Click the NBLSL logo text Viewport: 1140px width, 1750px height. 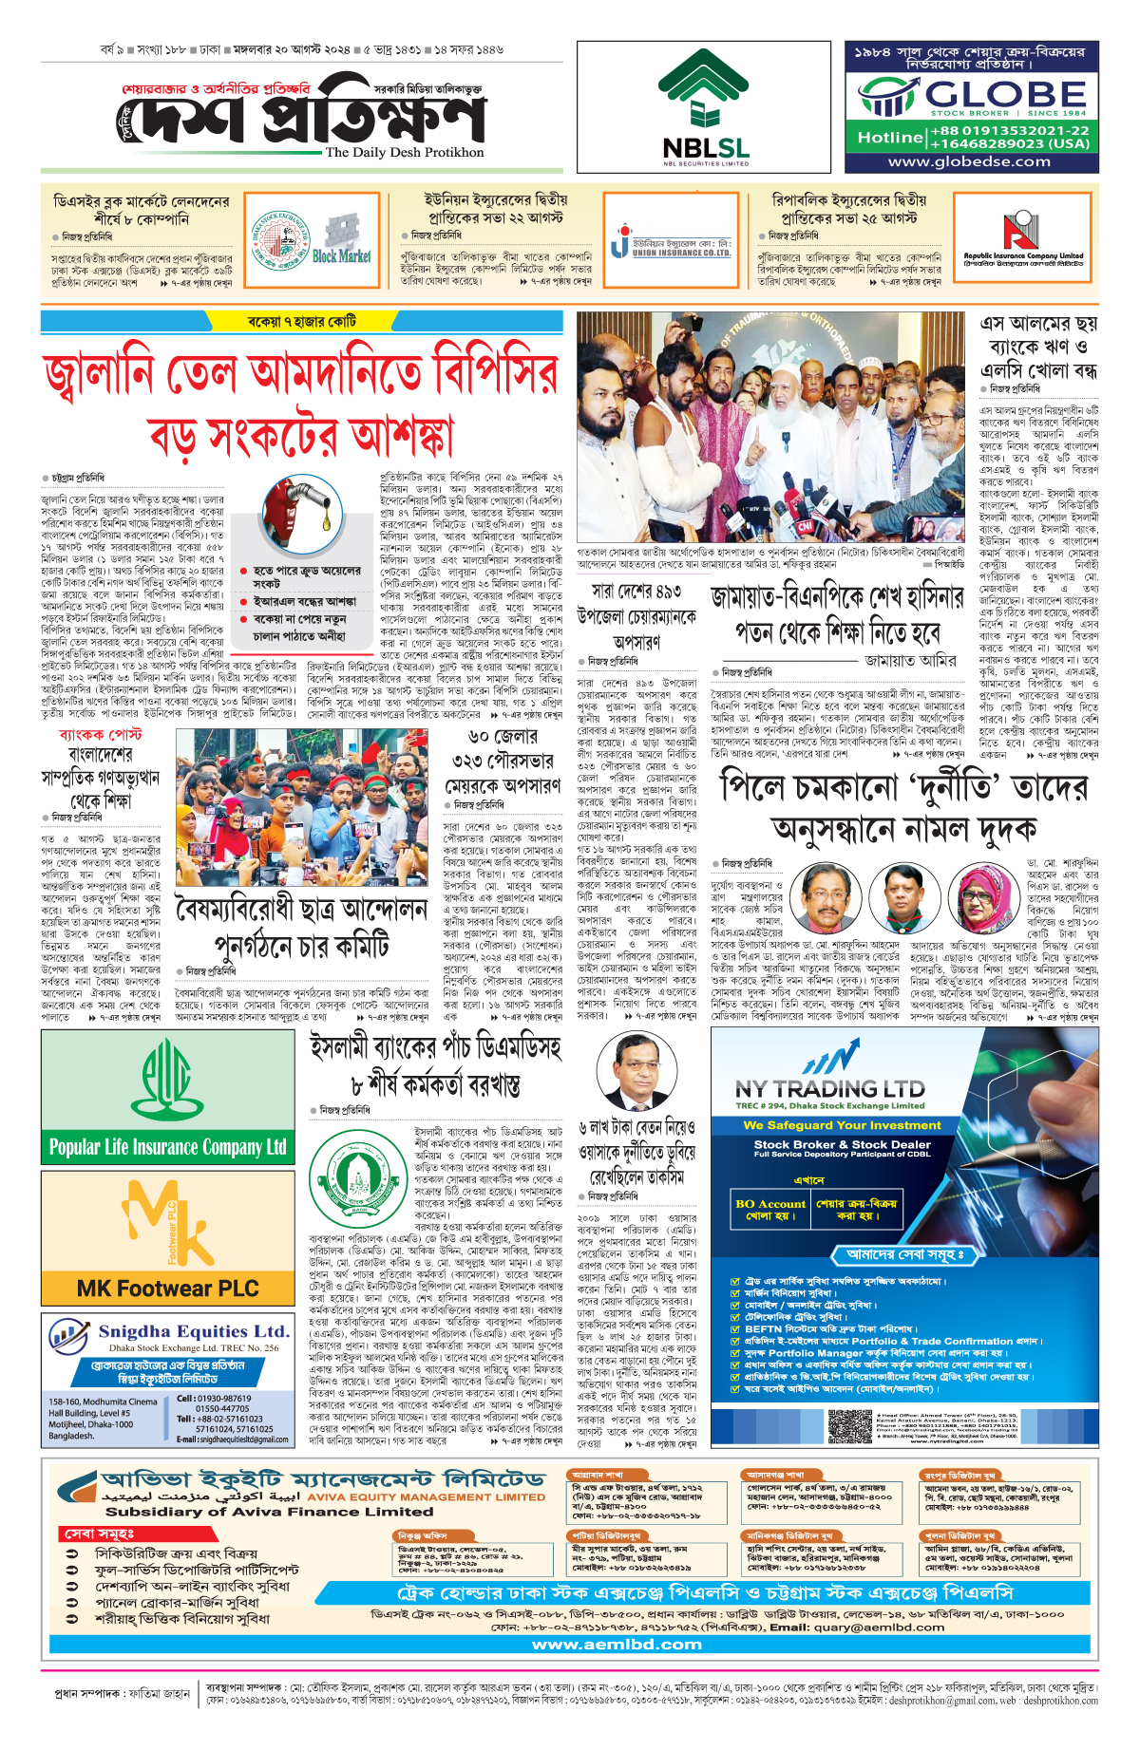705,148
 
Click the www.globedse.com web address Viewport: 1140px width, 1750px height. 969,161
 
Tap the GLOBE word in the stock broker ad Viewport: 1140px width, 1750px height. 1006,94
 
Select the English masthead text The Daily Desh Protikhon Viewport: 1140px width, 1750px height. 404,152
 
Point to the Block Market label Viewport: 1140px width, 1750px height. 341,255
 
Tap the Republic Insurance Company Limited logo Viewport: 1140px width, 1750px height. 1022,242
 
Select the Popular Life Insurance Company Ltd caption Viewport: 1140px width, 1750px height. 167,1147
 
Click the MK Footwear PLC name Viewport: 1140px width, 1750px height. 167,1289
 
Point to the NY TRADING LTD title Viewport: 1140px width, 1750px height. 829,1089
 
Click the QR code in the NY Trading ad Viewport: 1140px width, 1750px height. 849,1426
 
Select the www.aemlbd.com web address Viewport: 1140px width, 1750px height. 617,1644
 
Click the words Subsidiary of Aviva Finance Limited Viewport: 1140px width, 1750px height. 269,1512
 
